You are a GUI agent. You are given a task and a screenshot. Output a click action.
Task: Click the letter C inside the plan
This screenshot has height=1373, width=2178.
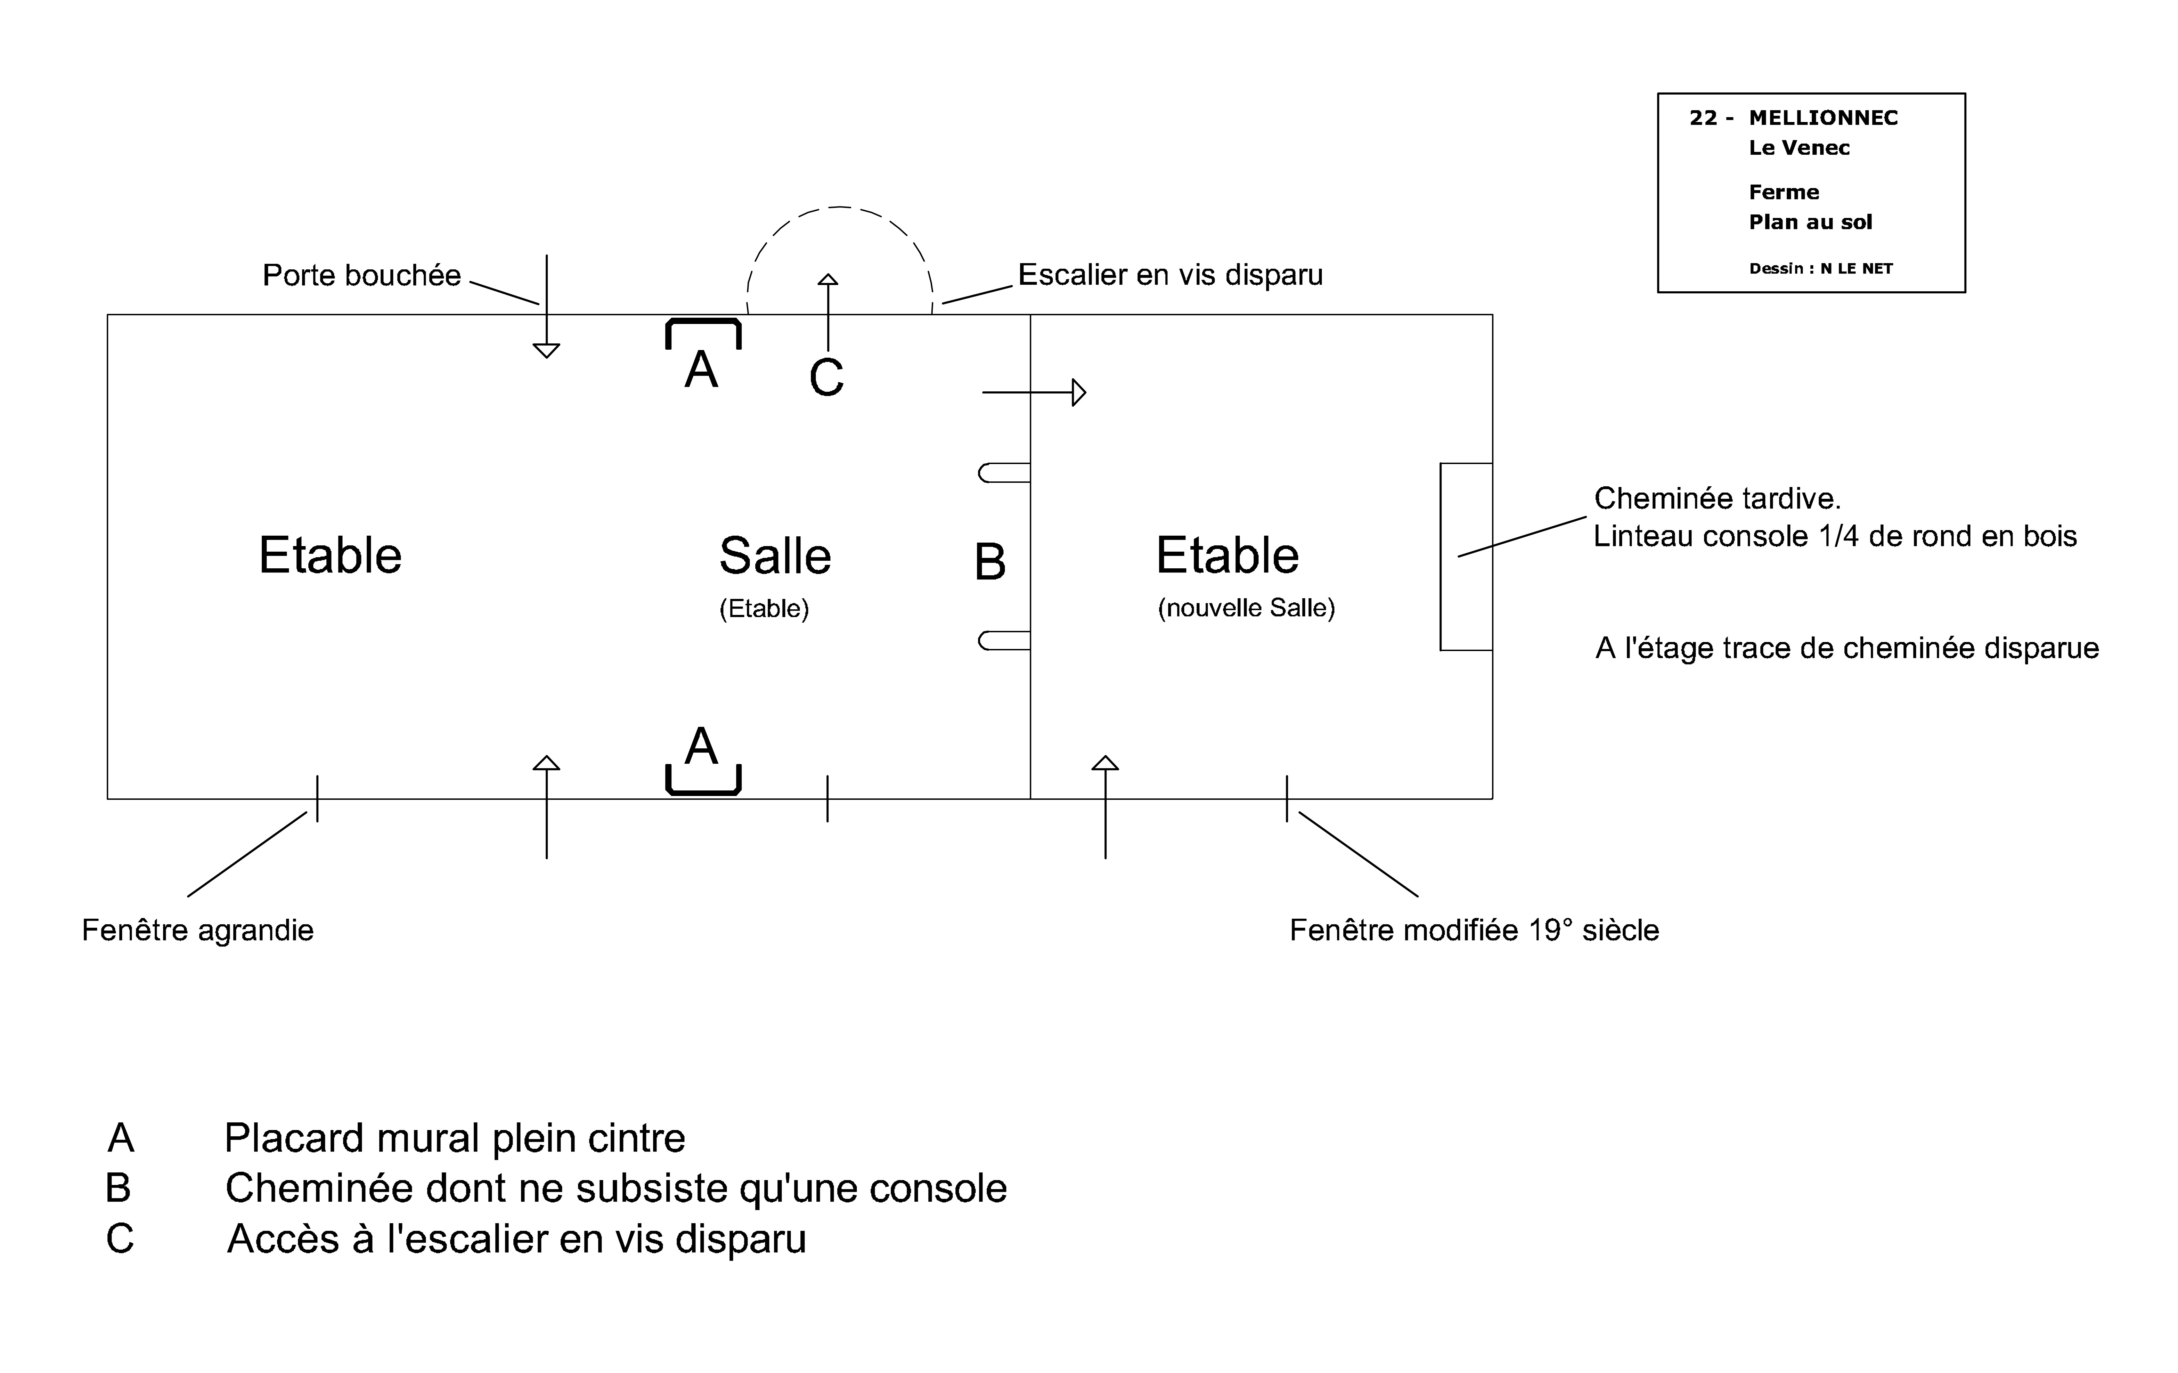coord(826,378)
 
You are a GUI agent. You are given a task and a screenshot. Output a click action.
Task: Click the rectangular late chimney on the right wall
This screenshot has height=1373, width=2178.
coord(1465,556)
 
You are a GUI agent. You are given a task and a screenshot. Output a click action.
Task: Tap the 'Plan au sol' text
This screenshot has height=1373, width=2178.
coord(1810,222)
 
